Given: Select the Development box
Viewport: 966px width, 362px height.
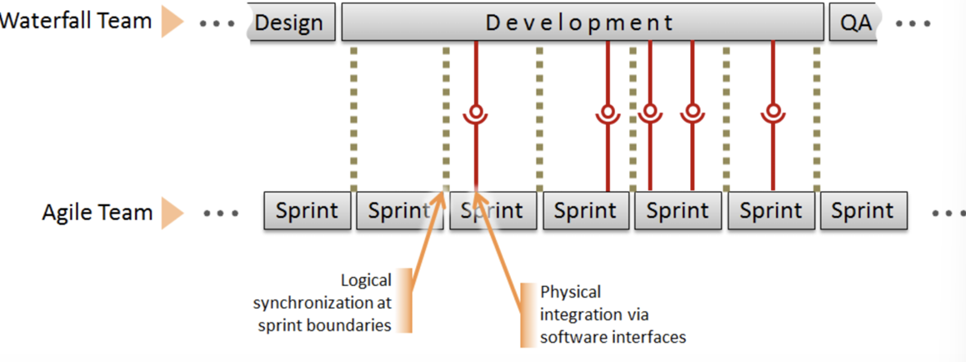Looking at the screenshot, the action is pos(583,23).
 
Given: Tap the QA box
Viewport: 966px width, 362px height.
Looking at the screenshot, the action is pos(855,23).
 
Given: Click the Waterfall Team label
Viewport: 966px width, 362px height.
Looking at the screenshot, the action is pos(76,21).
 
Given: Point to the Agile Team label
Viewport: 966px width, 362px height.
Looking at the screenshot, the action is pos(97,213).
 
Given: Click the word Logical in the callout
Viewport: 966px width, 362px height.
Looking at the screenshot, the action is pos(366,281).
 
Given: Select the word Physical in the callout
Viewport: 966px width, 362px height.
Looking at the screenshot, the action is pos(570,292).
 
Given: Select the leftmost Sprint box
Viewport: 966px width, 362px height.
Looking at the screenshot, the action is pos(307,211).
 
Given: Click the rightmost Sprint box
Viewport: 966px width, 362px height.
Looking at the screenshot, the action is pos(863,211).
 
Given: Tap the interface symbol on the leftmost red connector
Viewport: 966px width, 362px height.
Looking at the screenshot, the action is pos(476,114).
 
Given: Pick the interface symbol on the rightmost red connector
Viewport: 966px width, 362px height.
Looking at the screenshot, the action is pos(773,114).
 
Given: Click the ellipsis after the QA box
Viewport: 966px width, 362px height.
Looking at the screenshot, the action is pos(913,23).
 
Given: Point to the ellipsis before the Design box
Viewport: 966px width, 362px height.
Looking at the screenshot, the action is pos(218,23).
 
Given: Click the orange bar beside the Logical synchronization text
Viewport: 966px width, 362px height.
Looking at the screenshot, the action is pos(403,300).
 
